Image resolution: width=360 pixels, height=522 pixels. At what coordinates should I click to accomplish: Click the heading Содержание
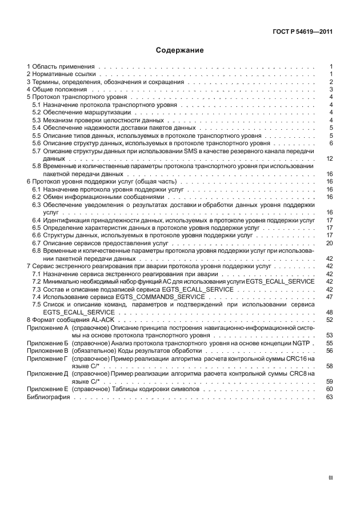[180, 50]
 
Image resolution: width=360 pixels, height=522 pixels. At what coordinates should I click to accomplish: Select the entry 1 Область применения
[61, 67]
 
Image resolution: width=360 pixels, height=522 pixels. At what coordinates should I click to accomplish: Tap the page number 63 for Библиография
[329, 396]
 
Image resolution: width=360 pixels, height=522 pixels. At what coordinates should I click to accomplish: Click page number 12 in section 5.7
[329, 158]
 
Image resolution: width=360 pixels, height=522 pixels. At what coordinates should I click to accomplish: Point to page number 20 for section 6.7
[329, 243]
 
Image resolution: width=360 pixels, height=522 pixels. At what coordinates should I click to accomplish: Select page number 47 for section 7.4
[329, 297]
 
